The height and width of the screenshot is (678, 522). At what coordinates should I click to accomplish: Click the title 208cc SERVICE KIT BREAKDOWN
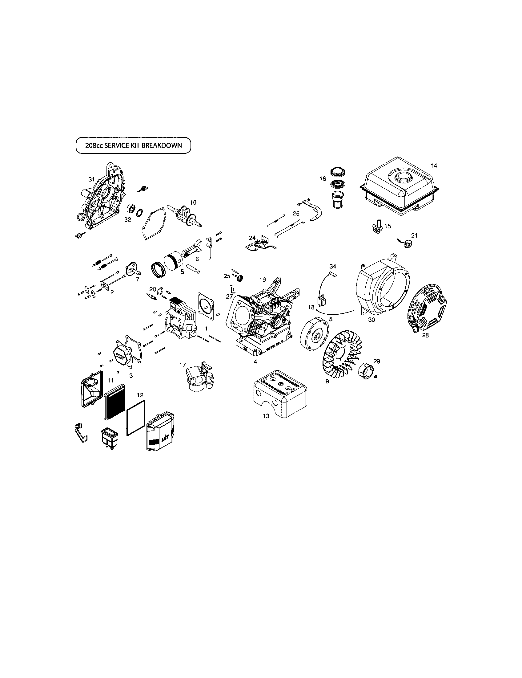[133, 145]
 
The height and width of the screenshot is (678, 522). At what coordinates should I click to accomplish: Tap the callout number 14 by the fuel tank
[434, 166]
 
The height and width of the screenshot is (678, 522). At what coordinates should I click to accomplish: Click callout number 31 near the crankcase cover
[91, 179]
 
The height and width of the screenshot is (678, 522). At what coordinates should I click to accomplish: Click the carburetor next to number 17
[200, 378]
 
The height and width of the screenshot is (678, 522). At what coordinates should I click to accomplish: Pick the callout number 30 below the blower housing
[371, 320]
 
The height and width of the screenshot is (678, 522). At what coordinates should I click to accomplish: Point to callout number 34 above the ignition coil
[333, 266]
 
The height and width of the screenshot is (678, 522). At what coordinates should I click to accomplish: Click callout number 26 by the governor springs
[296, 214]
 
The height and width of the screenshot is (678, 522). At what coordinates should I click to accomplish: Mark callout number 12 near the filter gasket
[140, 395]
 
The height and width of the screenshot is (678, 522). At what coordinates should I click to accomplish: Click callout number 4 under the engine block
[255, 362]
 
